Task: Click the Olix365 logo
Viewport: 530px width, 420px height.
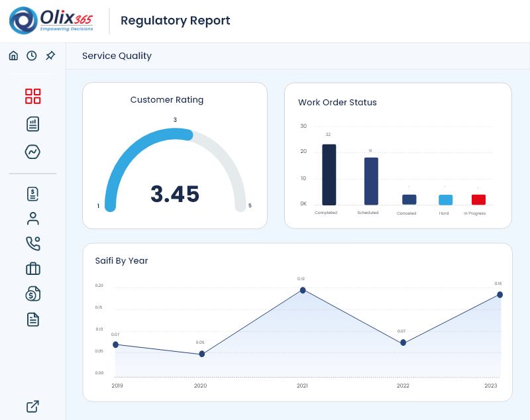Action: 51,21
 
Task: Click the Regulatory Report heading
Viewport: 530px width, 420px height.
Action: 176,21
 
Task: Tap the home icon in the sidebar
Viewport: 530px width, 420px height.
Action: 13,56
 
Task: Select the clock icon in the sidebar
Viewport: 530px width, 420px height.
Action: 32,56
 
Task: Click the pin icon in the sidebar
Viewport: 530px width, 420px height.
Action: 50,56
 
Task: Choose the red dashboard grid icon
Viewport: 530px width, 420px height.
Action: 33,96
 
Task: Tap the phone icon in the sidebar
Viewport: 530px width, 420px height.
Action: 33,243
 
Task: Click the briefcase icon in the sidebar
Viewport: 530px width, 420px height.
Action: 33,268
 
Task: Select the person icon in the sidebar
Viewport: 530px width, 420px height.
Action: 33,218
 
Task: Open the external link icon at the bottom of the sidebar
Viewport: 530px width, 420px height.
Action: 32,406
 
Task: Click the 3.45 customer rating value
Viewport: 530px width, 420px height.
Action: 175,194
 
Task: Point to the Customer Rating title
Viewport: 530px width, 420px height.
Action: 167,100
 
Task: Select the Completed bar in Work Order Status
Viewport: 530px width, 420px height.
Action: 329,175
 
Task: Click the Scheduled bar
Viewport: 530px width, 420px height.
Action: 371,181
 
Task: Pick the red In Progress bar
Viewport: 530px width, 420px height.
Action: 478,199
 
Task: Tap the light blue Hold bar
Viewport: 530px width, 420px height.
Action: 445,199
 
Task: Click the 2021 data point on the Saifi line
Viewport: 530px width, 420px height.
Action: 303,290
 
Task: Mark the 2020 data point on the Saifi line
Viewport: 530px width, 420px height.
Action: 201,354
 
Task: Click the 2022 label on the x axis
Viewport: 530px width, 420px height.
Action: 403,386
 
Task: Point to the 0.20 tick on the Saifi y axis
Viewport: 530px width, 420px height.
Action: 99,286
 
